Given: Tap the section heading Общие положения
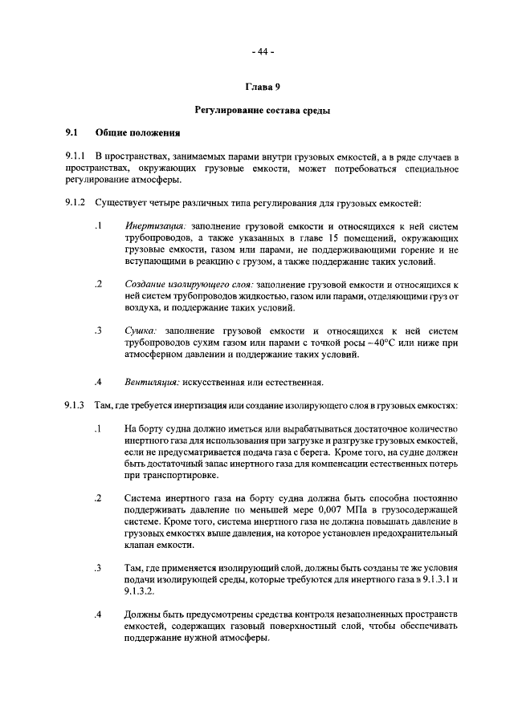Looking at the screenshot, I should click(137, 132).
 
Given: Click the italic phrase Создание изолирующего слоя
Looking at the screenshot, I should click(190, 285).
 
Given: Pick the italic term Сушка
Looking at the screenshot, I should click(140, 331).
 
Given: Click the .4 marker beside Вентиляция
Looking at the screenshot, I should click(97, 380).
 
